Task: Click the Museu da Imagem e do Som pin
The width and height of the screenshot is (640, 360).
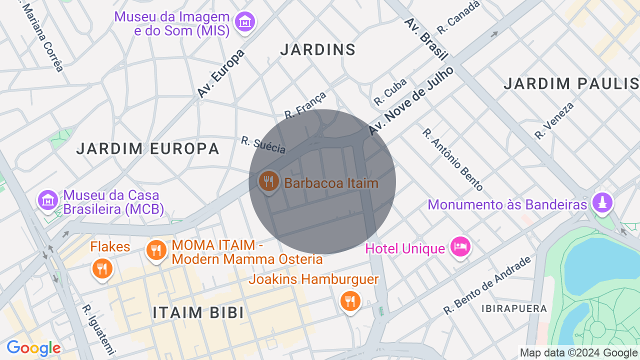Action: [x=245, y=22]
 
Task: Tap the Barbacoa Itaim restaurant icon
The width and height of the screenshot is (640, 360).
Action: [x=268, y=181]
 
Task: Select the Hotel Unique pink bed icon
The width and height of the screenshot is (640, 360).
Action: [x=460, y=246]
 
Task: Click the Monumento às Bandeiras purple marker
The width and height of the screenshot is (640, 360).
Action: [x=602, y=202]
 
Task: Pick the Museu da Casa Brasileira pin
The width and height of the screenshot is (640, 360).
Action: [x=47, y=200]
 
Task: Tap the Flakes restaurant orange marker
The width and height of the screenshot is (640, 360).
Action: [x=102, y=269]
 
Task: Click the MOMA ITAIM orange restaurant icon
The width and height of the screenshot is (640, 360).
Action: [x=156, y=250]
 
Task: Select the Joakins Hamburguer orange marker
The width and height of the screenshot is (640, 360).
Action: [x=349, y=301]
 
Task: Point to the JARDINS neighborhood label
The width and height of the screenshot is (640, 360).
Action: [x=317, y=49]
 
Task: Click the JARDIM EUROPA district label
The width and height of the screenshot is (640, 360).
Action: [x=148, y=148]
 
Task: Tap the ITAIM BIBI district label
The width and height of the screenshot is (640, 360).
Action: [x=198, y=312]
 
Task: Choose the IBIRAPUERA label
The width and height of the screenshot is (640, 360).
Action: [x=514, y=308]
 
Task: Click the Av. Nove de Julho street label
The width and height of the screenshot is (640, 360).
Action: [x=411, y=100]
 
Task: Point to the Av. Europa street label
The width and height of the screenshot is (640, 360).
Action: [x=220, y=73]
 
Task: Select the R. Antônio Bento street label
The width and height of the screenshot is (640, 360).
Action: [x=452, y=159]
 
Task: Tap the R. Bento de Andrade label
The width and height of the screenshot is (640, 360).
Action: [x=487, y=286]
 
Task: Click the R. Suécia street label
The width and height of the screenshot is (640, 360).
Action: [x=263, y=145]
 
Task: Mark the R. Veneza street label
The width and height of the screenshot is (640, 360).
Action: [x=554, y=120]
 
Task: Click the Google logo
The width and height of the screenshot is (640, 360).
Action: [x=33, y=348]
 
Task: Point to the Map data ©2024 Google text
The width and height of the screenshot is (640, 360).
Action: [x=578, y=353]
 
